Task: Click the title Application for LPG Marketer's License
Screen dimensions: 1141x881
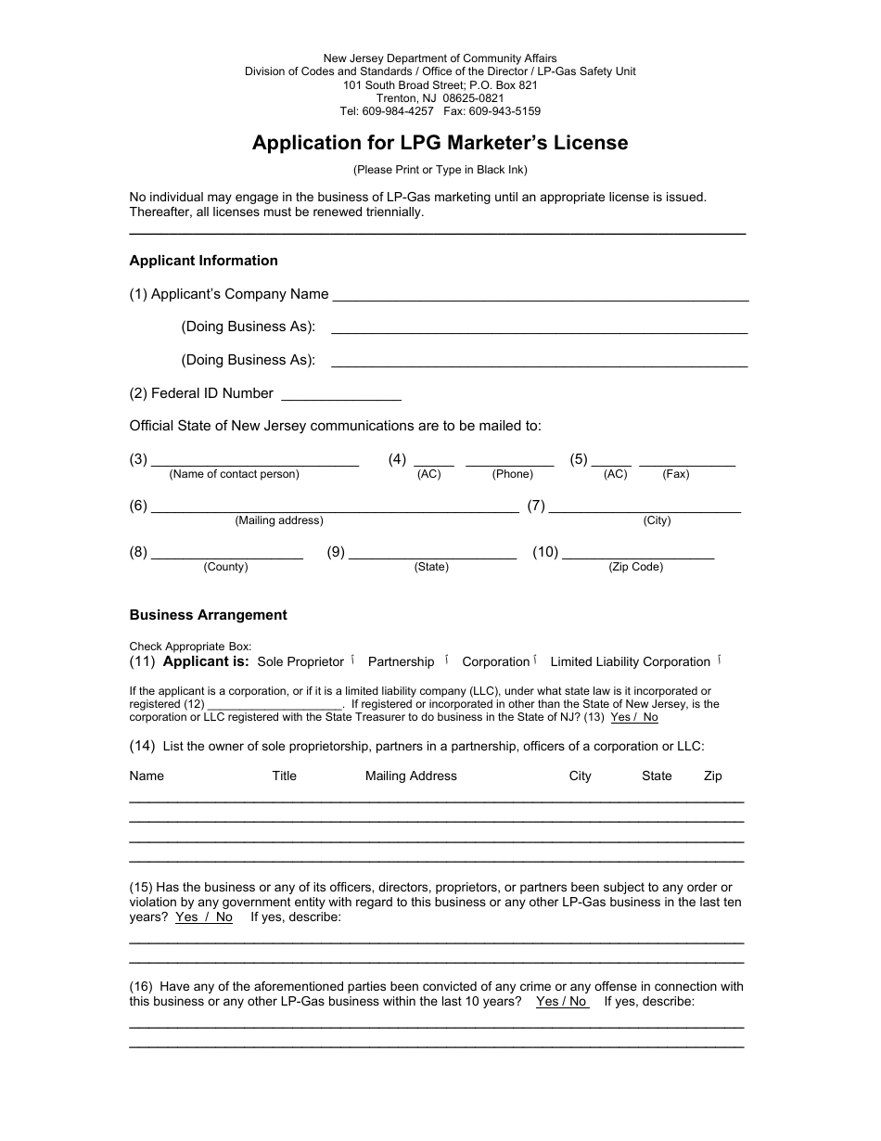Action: (x=440, y=143)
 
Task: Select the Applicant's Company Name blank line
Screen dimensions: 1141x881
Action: (x=540, y=296)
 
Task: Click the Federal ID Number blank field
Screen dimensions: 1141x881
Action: (x=340, y=395)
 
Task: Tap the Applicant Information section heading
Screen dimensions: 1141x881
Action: (x=203, y=261)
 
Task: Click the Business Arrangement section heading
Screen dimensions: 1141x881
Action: (x=208, y=615)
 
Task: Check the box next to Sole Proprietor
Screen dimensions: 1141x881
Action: (x=352, y=660)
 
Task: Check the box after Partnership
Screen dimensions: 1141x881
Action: (x=447, y=660)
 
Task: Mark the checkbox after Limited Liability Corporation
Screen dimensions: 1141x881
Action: (x=719, y=660)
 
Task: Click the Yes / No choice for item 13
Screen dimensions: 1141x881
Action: (x=634, y=717)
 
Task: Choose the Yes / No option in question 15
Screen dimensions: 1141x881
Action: (x=204, y=917)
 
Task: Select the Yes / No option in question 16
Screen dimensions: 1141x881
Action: (x=561, y=1002)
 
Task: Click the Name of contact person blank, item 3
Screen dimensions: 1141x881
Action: (x=254, y=461)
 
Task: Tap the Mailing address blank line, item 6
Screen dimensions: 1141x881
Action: (x=334, y=507)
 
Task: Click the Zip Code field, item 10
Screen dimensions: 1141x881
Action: (x=638, y=554)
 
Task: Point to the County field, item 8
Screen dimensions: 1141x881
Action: (x=226, y=554)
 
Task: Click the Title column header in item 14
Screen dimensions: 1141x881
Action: (x=284, y=776)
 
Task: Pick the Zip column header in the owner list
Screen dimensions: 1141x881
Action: (x=712, y=776)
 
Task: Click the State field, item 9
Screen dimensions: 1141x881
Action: (x=432, y=554)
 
